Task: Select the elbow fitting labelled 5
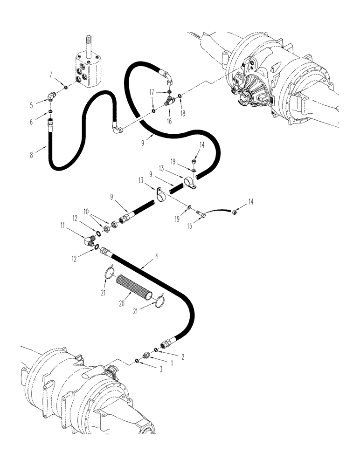point(50,96)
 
